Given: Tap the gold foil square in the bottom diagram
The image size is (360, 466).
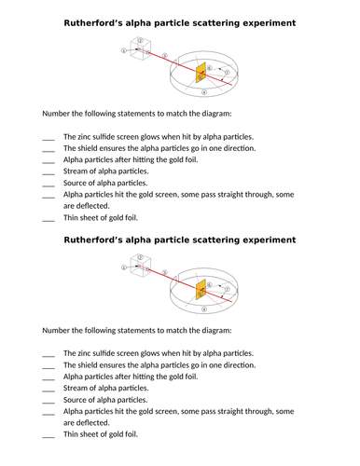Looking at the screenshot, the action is point(201,288).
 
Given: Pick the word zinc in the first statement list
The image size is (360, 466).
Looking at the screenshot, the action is point(87,136).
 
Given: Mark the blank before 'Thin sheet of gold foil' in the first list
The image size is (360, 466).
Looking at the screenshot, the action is point(48,219).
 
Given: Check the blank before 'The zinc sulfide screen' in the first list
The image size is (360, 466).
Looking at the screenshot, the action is point(48,136).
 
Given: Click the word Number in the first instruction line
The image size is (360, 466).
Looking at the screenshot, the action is point(60,114).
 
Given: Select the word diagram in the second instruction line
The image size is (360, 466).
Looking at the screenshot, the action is point(211,330).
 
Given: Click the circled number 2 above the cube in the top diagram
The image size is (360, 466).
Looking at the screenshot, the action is point(140,40).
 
